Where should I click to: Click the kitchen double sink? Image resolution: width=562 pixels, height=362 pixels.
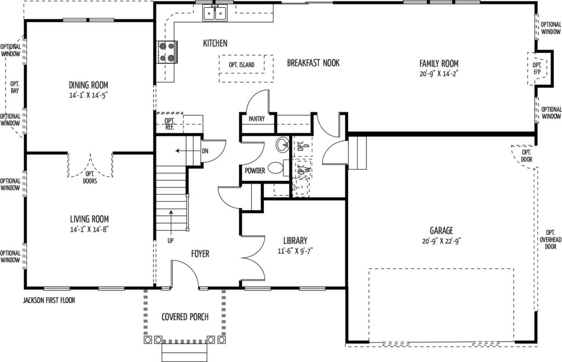(x=215, y=13)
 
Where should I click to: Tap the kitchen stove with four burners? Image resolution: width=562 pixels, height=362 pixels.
(x=167, y=52)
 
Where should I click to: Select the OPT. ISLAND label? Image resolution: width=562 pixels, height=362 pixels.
(x=241, y=65)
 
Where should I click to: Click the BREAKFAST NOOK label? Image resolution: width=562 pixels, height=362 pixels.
(x=313, y=63)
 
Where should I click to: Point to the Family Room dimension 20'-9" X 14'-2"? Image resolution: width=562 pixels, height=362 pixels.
(x=439, y=74)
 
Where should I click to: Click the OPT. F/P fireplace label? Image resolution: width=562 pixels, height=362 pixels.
(x=537, y=69)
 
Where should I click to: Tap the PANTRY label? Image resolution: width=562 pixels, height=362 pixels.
(x=257, y=119)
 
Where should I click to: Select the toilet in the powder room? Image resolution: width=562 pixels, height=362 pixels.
(x=278, y=168)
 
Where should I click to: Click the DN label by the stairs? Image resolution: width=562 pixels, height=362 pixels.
(x=205, y=151)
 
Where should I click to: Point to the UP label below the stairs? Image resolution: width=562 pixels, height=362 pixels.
(x=170, y=241)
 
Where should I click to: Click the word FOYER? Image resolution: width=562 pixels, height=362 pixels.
(x=200, y=254)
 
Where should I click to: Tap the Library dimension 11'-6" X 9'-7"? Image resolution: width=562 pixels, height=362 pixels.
(x=295, y=251)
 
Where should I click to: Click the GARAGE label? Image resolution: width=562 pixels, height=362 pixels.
(x=441, y=230)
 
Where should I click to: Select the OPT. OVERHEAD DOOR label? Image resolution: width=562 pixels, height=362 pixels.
(x=550, y=240)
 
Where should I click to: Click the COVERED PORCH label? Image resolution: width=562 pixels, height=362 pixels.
(x=185, y=317)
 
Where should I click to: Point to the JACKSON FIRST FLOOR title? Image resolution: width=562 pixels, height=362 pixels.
(x=49, y=300)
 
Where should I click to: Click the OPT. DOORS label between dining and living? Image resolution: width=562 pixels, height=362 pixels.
(x=90, y=177)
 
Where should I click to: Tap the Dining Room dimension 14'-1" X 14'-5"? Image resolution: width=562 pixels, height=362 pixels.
(x=88, y=96)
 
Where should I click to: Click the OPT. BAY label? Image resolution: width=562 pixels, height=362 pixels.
(x=15, y=87)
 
